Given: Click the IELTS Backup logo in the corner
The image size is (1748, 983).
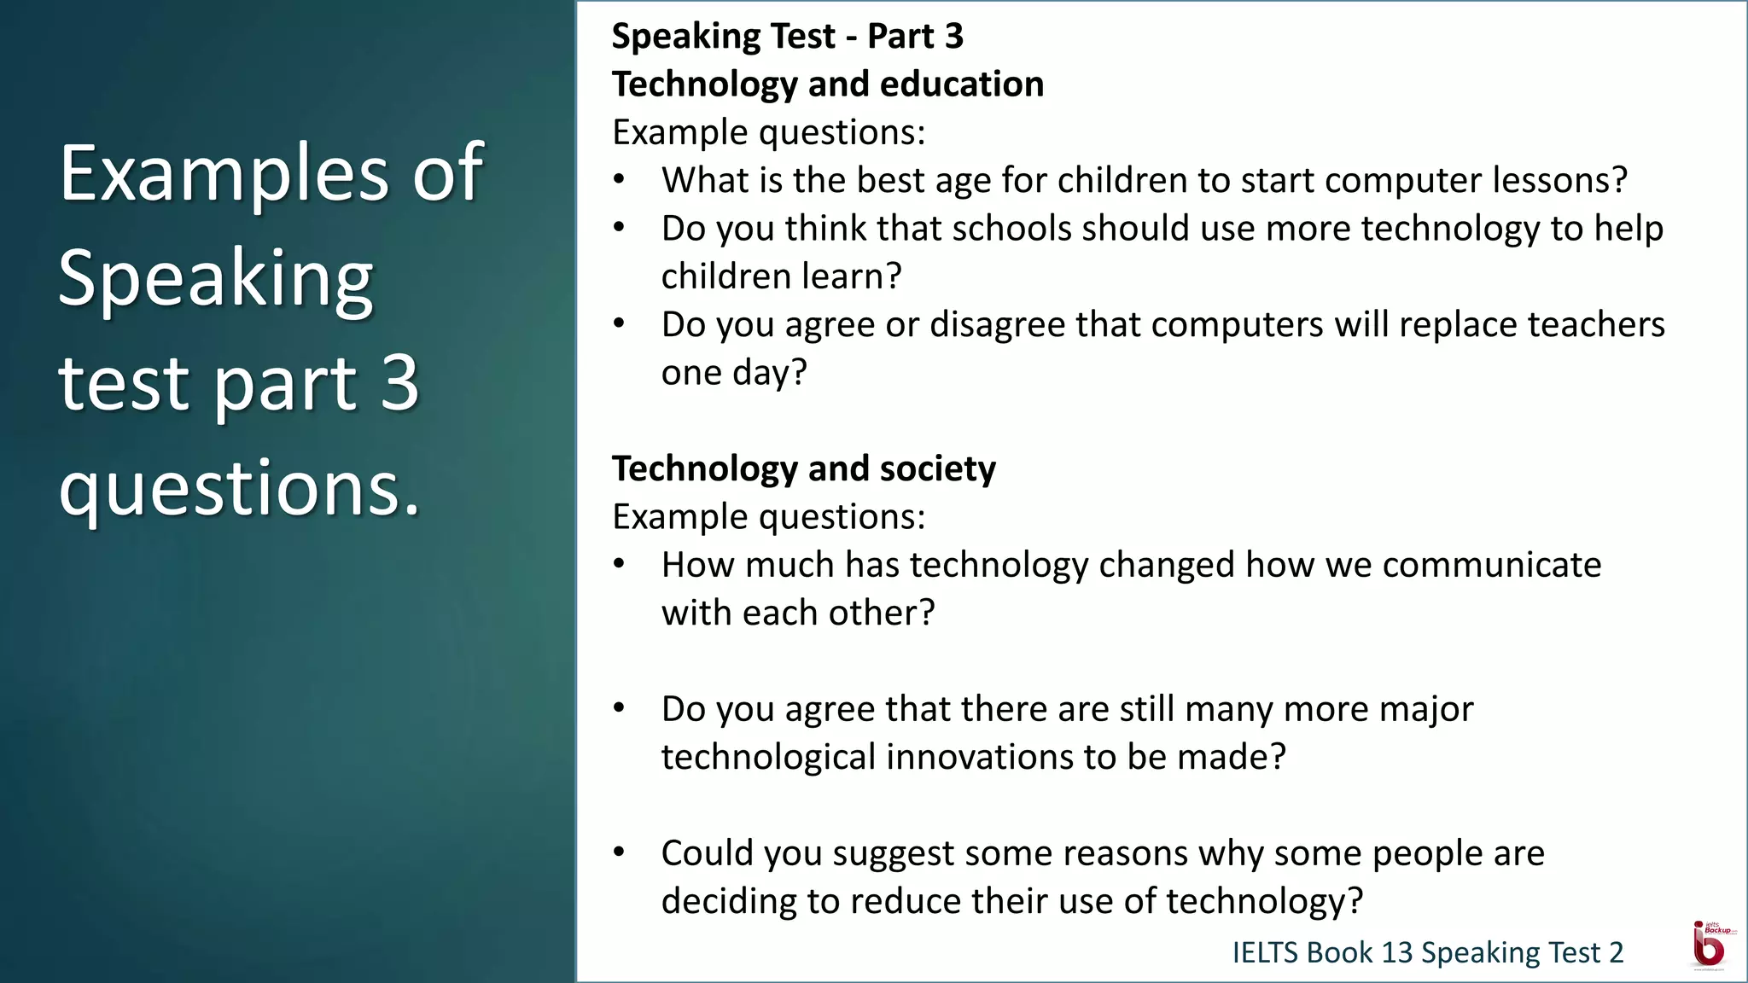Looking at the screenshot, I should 1710,945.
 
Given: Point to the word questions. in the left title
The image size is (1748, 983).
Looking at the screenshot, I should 240,488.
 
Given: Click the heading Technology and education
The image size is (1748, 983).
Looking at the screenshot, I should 827,84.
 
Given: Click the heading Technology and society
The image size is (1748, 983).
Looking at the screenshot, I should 803,468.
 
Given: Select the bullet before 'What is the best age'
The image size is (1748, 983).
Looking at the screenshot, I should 620,180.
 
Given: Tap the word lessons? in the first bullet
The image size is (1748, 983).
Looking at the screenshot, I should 1559,180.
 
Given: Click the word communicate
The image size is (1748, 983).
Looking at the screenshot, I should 1491,565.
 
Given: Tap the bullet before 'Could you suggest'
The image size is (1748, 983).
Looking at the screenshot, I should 620,852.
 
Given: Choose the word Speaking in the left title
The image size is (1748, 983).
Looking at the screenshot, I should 215,278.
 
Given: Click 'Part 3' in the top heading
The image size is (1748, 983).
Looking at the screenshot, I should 915,37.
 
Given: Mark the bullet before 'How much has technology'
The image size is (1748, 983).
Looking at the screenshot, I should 620,564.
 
